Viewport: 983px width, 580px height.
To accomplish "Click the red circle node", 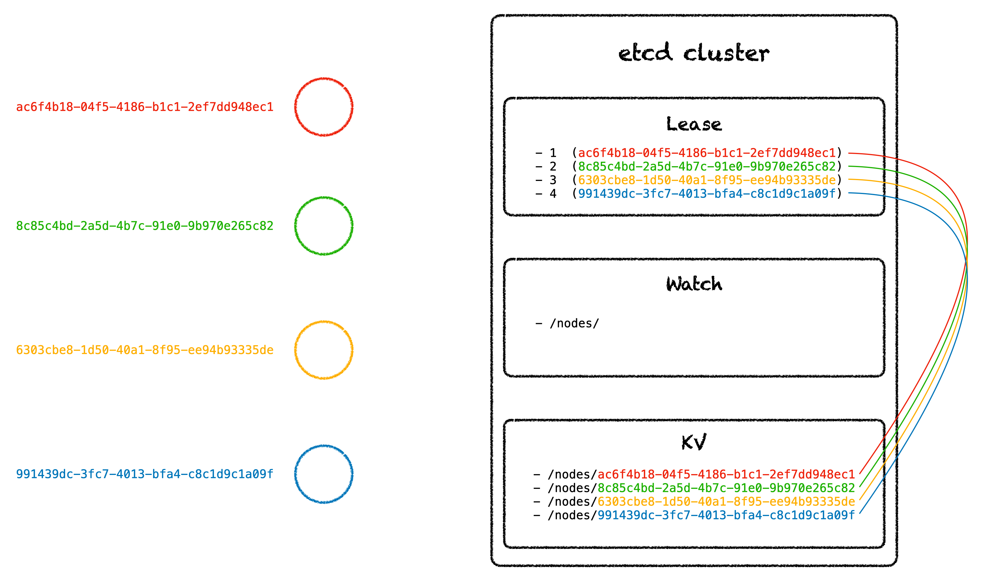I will [324, 107].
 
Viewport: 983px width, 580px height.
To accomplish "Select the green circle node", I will [324, 226].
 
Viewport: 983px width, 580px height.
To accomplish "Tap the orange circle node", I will [324, 350].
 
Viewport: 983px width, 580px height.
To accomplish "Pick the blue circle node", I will [324, 474].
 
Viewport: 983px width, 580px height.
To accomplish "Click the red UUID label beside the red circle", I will [145, 107].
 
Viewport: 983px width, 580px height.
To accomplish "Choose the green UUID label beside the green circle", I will [145, 226].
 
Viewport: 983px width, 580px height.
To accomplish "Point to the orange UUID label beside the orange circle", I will [145, 350].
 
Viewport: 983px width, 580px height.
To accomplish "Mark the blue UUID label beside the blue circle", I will [145, 474].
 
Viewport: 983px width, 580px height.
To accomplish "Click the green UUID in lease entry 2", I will [706, 167].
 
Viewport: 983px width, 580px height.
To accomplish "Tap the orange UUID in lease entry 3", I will [706, 180].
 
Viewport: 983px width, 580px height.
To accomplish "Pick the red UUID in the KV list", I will [726, 474].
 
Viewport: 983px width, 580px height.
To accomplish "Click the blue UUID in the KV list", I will [726, 515].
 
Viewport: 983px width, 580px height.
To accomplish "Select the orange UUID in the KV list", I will [726, 502].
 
